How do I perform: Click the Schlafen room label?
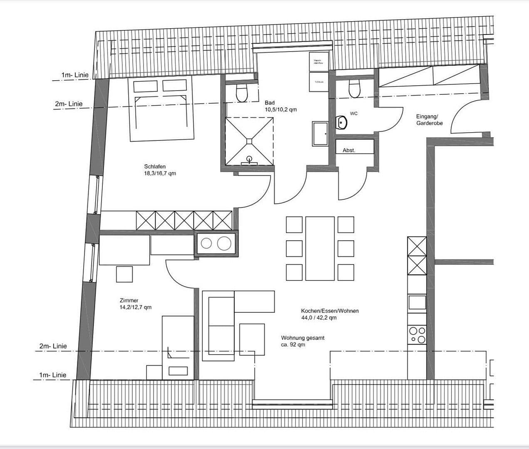(x=160, y=170)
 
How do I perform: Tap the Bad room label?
(x=281, y=106)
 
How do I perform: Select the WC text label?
(x=353, y=113)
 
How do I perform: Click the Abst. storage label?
(x=349, y=150)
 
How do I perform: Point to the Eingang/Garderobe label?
(x=429, y=120)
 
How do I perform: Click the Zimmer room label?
(x=135, y=303)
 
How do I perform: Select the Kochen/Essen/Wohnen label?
(x=330, y=314)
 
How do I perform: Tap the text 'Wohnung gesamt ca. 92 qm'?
(x=303, y=341)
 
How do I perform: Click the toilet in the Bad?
(x=241, y=93)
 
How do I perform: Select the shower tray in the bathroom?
(x=249, y=141)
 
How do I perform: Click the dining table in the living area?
(x=320, y=248)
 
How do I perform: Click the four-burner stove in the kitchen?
(x=417, y=335)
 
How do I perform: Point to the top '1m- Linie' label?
(x=75, y=75)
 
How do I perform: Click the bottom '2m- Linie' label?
(x=53, y=346)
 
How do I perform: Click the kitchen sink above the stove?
(x=417, y=302)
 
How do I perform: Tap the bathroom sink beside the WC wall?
(x=320, y=133)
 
